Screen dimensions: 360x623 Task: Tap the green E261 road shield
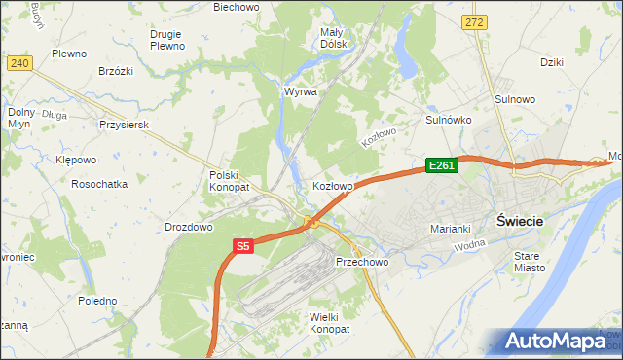tap(441, 166)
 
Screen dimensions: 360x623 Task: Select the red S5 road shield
tap(243, 248)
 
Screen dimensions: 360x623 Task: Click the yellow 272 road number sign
tap(474, 21)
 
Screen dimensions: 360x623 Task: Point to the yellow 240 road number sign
tap(19, 63)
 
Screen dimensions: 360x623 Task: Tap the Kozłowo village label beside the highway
tap(332, 185)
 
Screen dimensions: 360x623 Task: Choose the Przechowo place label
tap(362, 263)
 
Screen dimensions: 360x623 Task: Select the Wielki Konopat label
tap(328, 323)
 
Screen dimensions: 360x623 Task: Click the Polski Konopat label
tap(230, 180)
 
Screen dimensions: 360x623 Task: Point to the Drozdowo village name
tap(189, 227)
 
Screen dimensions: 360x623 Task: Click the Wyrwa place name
tap(301, 91)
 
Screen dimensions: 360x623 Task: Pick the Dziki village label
tap(552, 61)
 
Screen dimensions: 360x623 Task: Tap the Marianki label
tap(451, 229)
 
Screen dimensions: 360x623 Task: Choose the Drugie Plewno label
tap(167, 39)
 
